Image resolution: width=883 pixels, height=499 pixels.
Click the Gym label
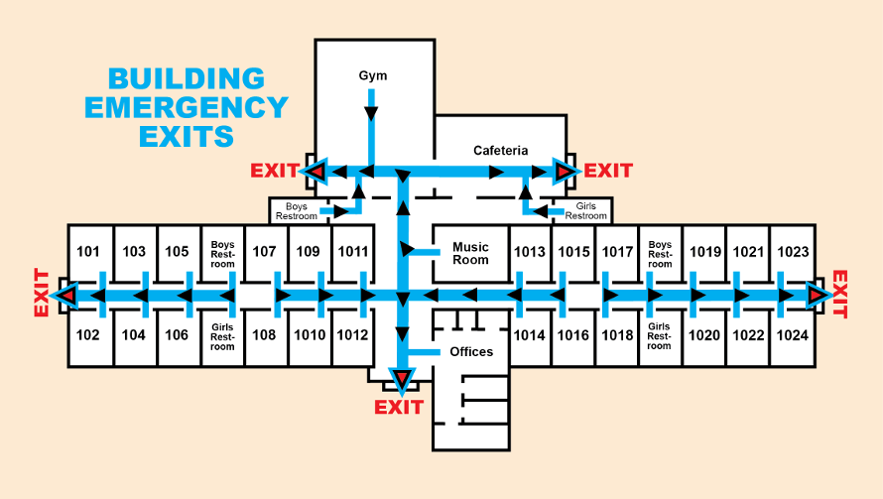pos(373,75)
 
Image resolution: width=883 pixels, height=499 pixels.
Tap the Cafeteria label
pos(500,151)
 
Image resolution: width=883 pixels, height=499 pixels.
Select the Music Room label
pos(470,253)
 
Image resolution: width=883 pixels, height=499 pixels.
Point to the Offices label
pos(471,352)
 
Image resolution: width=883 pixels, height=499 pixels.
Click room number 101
pos(88,252)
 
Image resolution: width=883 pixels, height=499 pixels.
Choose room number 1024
pos(792,335)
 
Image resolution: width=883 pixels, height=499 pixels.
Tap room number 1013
pos(530,252)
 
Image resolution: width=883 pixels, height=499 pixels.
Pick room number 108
pos(264,335)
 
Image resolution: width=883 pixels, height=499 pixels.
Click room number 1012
pos(352,335)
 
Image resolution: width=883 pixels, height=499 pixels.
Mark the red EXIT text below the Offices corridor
pos(399,408)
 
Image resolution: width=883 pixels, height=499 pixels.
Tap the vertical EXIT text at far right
pos(841,294)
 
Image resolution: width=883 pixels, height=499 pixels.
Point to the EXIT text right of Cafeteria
pos(608,171)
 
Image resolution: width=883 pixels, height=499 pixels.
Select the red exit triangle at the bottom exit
pos(401,378)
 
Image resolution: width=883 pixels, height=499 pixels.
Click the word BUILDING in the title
pos(187,78)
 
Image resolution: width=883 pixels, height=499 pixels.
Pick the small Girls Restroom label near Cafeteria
pos(585,210)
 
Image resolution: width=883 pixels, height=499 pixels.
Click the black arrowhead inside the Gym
pos(371,114)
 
